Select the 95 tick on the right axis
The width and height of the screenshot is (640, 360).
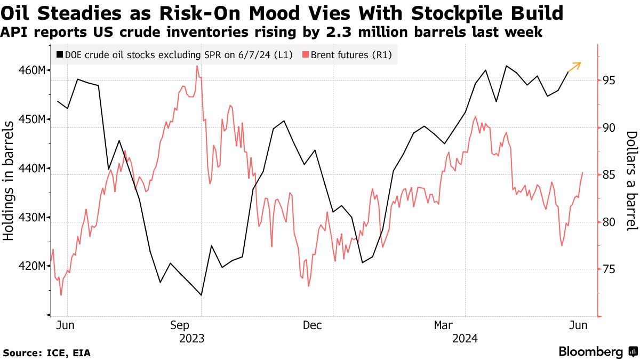(x=609, y=80)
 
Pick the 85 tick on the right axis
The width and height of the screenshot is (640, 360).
(x=609, y=175)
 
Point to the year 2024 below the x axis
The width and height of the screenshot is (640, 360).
(x=465, y=338)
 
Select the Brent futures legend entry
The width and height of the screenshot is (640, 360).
(x=351, y=54)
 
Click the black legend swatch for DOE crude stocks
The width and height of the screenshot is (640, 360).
(x=59, y=54)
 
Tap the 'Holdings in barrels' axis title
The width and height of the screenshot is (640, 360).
(x=9, y=180)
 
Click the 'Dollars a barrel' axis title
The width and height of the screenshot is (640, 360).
(x=631, y=180)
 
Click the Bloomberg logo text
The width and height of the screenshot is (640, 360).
(x=590, y=351)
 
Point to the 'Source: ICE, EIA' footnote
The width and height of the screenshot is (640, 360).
(x=46, y=353)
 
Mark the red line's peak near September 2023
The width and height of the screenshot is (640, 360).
(x=197, y=66)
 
